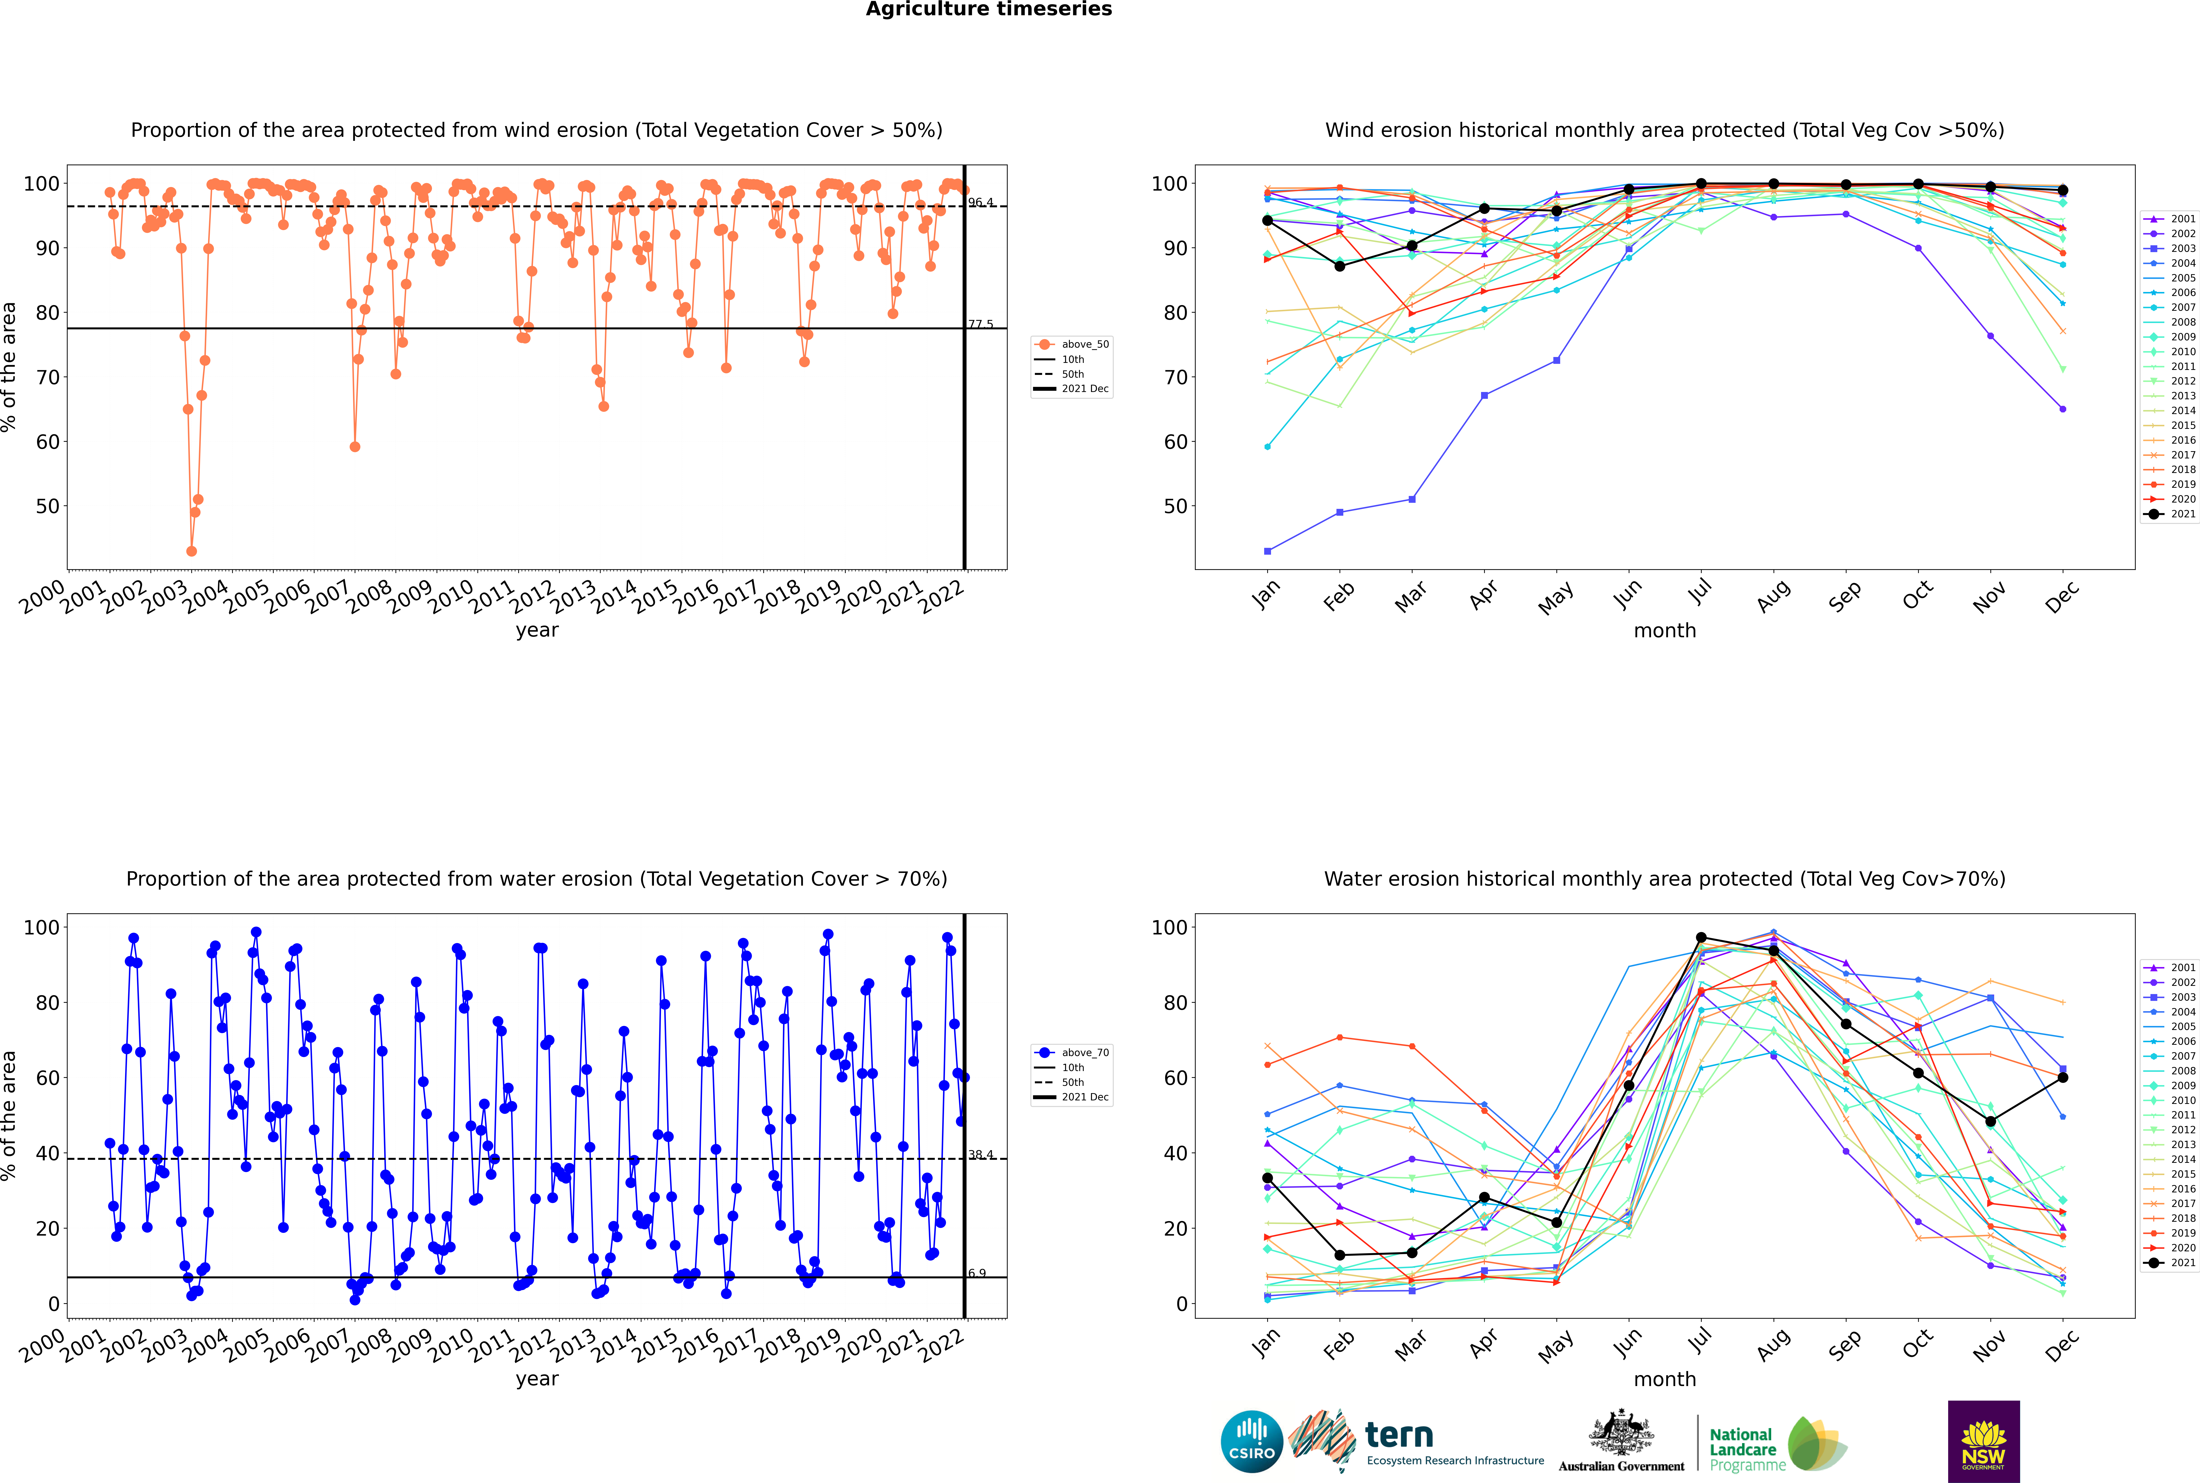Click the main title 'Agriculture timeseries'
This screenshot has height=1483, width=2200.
pyautogui.click(x=988, y=9)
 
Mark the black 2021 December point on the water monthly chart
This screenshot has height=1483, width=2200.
pyautogui.click(x=2063, y=1077)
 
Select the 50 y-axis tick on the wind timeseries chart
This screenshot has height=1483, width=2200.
pyautogui.click(x=47, y=506)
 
